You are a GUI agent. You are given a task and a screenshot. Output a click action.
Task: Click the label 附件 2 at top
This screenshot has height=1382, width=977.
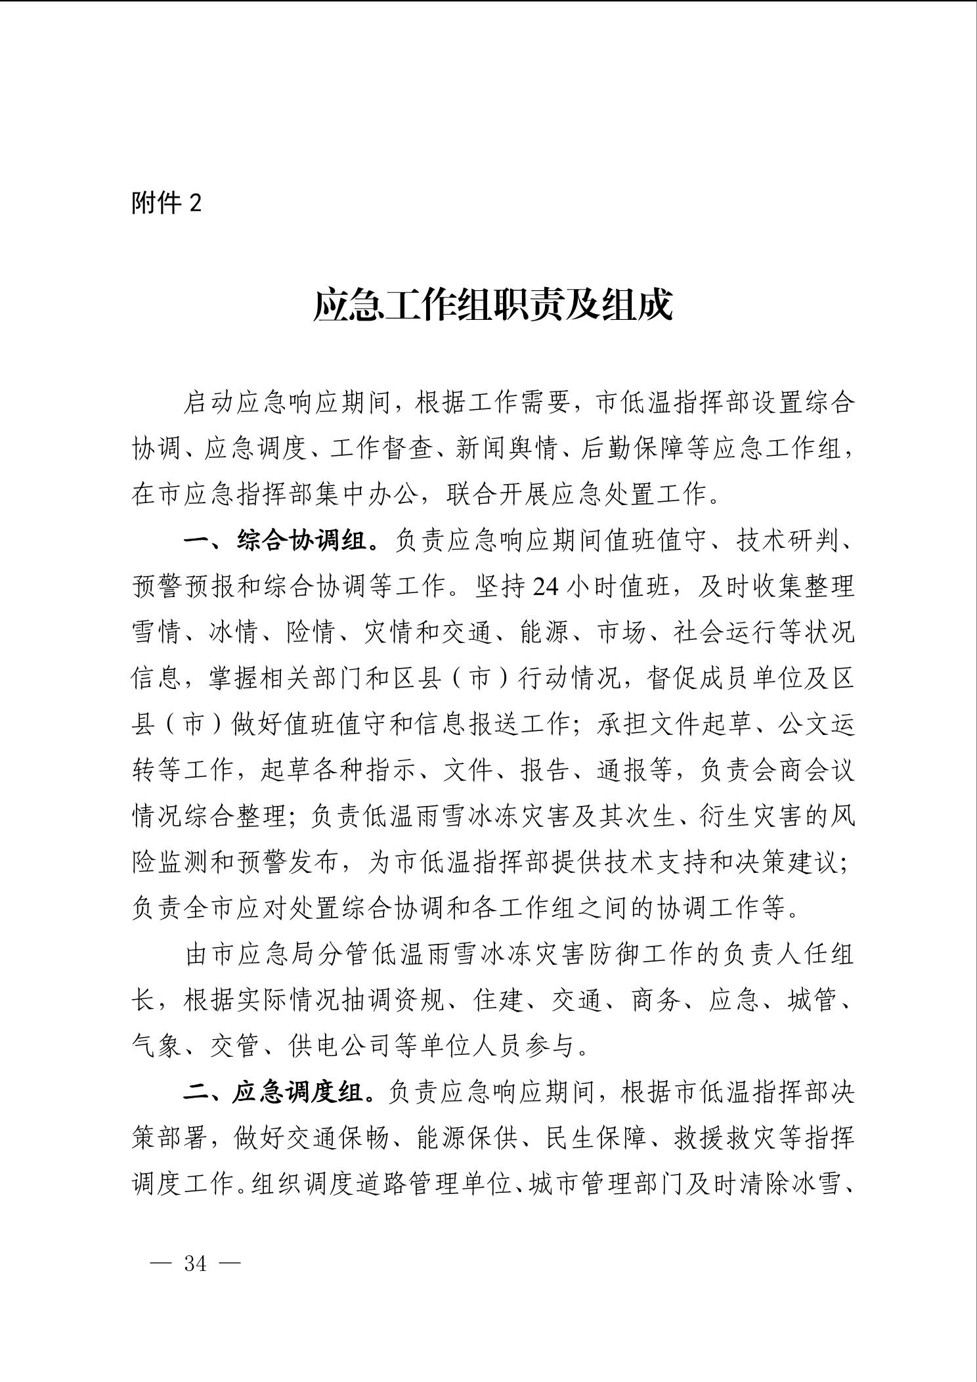[x=167, y=203]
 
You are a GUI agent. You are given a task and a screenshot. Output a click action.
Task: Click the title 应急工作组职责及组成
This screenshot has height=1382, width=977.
[x=492, y=305]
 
